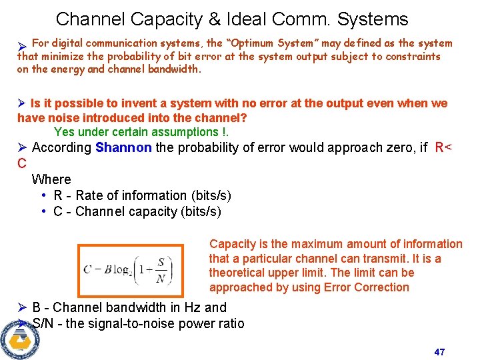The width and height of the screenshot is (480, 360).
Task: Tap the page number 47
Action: (x=439, y=351)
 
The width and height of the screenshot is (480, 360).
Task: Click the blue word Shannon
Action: (x=123, y=147)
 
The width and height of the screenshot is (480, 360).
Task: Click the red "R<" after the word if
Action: (x=443, y=147)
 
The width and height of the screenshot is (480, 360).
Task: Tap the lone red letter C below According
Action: (x=22, y=163)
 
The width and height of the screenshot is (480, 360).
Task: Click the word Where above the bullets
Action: (x=51, y=179)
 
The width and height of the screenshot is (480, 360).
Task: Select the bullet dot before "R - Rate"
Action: (x=43, y=195)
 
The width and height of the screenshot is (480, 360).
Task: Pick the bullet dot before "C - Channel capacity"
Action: (x=43, y=211)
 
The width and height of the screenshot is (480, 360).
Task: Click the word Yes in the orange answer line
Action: (x=65, y=132)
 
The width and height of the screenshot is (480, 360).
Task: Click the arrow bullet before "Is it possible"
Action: (x=21, y=103)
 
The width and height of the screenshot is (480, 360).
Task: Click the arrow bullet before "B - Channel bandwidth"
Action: (x=22, y=307)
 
